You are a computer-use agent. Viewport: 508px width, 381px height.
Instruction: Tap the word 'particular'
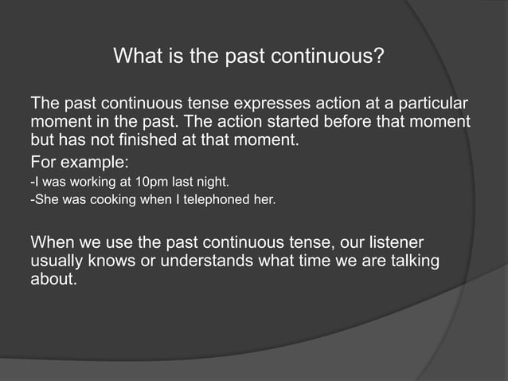coord(430,105)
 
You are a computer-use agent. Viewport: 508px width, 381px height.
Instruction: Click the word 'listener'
coord(395,242)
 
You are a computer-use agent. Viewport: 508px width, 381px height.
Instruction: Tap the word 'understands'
coord(206,261)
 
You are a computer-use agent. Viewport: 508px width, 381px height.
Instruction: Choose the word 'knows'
coord(116,261)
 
